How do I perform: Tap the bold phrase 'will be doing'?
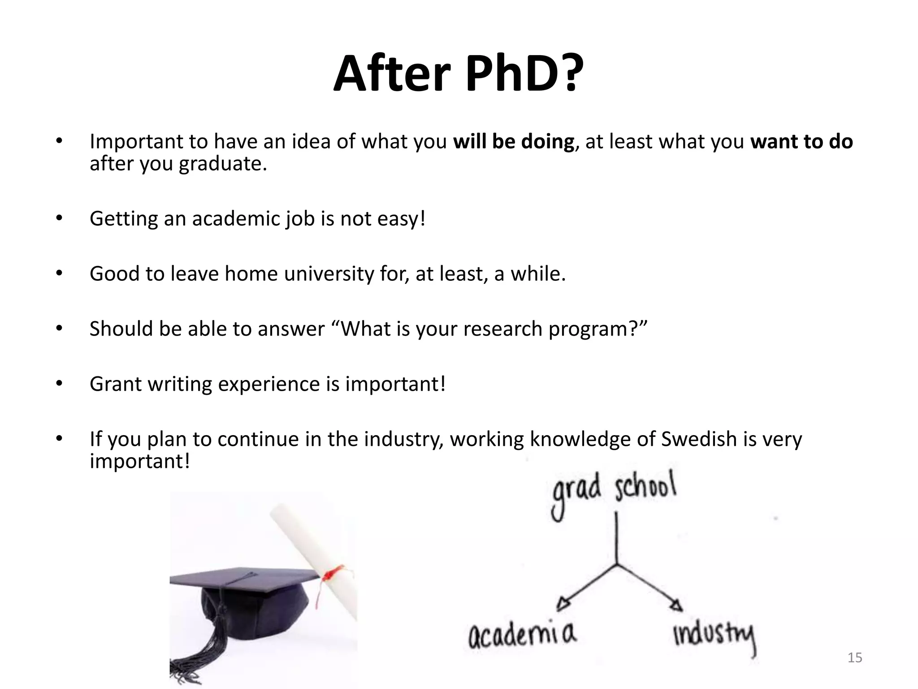pos(513,142)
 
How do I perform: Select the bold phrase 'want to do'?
pos(801,142)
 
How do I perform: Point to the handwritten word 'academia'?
pos(522,635)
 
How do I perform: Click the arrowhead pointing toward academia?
pos(563,604)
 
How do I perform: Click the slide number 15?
pos(855,658)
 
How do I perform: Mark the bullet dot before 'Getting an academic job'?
pos(59,218)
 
